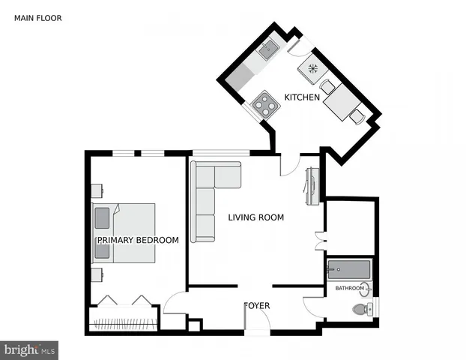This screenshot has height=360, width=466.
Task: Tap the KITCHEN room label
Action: [302, 97]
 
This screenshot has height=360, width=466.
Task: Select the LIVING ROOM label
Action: [256, 217]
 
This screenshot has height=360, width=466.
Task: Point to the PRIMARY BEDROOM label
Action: [138, 240]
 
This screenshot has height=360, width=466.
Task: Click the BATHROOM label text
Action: [350, 288]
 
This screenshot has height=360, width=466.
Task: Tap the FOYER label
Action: [257, 306]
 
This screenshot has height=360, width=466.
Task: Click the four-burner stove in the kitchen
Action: [264, 103]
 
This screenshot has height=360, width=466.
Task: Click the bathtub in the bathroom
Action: [348, 268]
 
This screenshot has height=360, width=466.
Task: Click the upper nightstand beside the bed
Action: [97, 190]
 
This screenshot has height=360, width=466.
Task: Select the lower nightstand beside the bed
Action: [97, 274]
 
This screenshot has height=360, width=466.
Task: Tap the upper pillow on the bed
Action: [102, 218]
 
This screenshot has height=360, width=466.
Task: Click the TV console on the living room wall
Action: [312, 187]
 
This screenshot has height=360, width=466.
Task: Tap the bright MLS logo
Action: [30, 349]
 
